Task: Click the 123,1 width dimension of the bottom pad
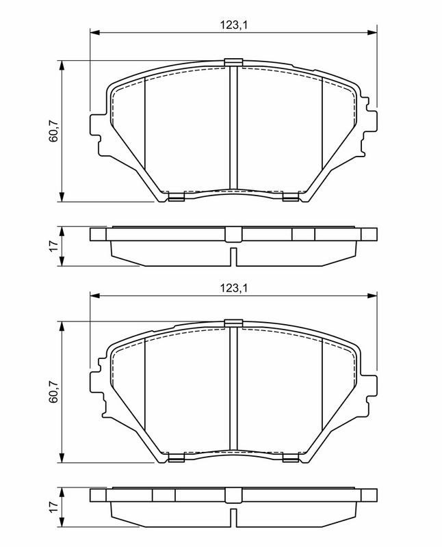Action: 233,289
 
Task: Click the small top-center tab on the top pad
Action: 233,62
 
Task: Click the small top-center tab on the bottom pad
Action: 233,323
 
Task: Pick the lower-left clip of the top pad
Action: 176,198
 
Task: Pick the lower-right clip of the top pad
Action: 290,198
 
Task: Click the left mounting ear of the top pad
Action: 97,126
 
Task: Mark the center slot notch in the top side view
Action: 233,258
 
